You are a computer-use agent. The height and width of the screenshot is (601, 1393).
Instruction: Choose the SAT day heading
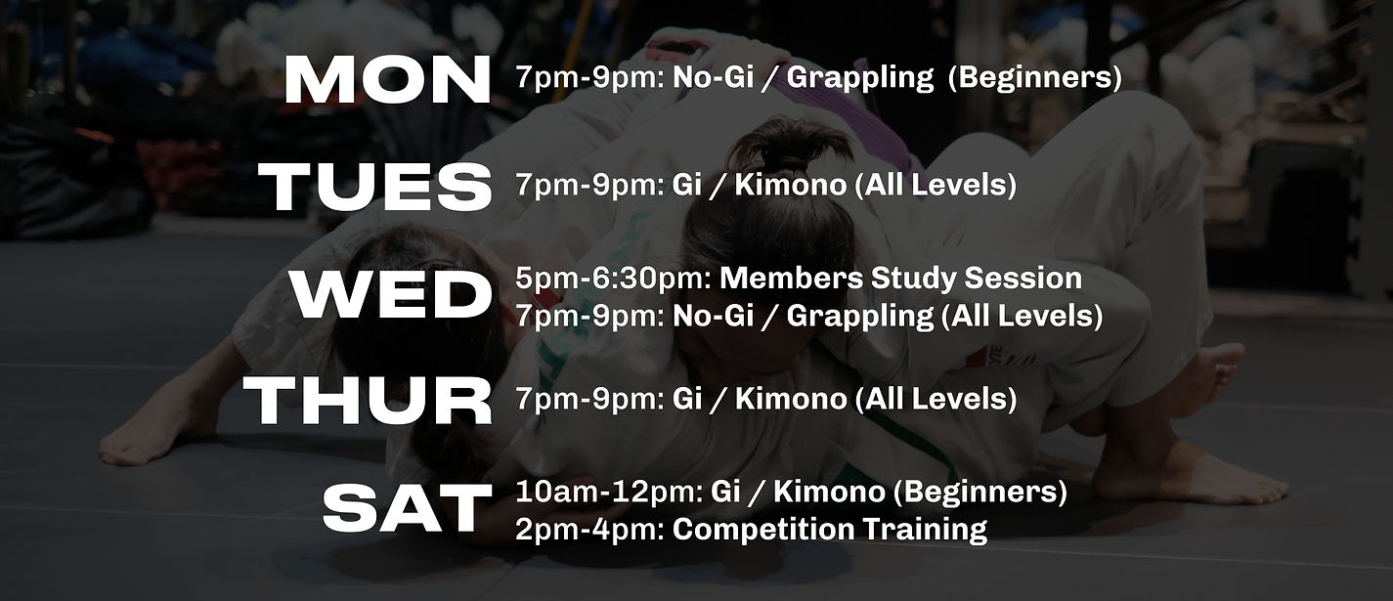[x=407, y=508]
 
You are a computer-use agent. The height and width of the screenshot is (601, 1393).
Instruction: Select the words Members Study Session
[x=900, y=279]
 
